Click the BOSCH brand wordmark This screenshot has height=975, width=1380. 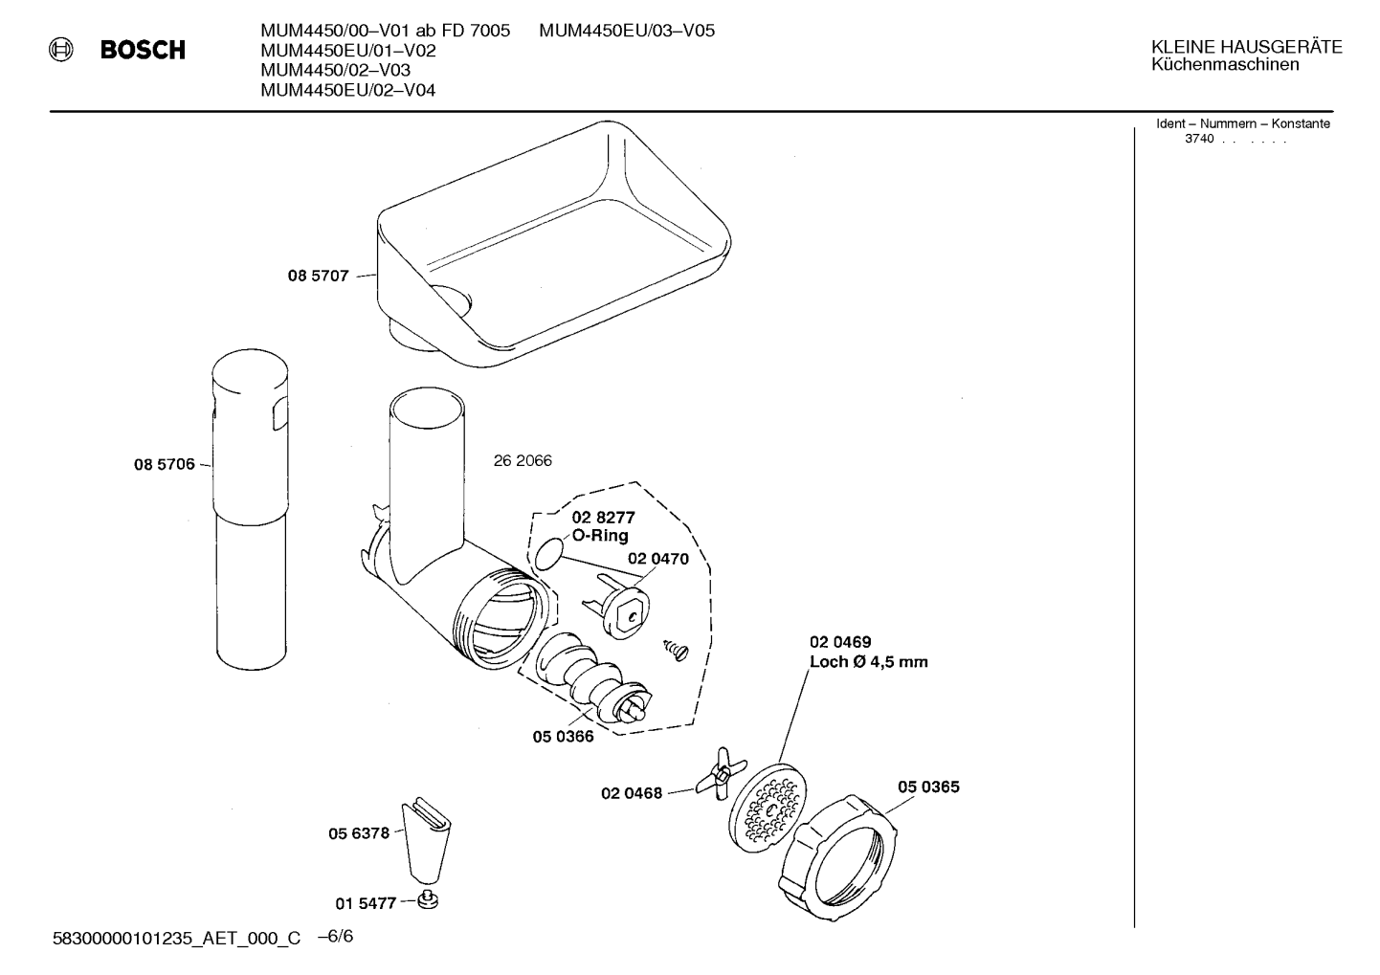(143, 50)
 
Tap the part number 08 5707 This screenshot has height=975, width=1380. (318, 276)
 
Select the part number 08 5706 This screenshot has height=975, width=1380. (164, 464)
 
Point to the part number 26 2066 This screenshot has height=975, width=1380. (523, 460)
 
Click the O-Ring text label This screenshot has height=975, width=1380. (600, 535)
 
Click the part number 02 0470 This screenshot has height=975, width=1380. (658, 559)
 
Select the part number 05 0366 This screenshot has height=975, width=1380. (563, 737)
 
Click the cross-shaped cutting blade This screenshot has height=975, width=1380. (721, 773)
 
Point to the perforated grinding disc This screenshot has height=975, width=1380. (768, 809)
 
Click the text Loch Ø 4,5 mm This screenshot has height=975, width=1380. (869, 662)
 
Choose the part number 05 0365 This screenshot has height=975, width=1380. (928, 787)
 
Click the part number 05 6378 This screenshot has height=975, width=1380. (359, 834)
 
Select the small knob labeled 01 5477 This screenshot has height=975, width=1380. (428, 900)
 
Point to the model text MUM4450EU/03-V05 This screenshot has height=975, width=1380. (627, 31)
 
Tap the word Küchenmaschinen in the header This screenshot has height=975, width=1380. (1225, 65)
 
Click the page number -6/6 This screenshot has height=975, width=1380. (336, 937)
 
